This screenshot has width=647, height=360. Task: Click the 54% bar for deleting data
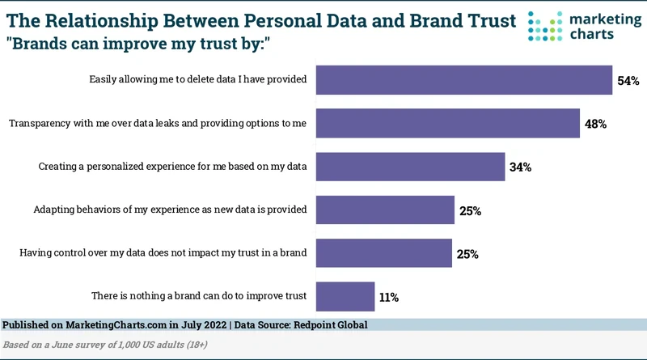pyautogui.click(x=464, y=80)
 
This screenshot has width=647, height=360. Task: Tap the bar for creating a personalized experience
pyautogui.click(x=411, y=167)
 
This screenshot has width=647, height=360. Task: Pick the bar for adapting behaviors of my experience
pyautogui.click(x=385, y=210)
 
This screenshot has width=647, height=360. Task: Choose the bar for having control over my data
pyautogui.click(x=383, y=253)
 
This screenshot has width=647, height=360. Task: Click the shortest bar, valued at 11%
pyautogui.click(x=345, y=296)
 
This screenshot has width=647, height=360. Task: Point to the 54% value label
pyautogui.click(x=628, y=81)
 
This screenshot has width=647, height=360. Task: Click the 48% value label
pyautogui.click(x=595, y=125)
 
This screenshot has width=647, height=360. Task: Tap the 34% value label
pyautogui.click(x=520, y=167)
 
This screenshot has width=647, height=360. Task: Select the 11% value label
pyautogui.click(x=388, y=297)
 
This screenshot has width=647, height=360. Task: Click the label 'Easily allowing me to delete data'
pyautogui.click(x=197, y=80)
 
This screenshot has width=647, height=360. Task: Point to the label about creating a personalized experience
pyautogui.click(x=172, y=167)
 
